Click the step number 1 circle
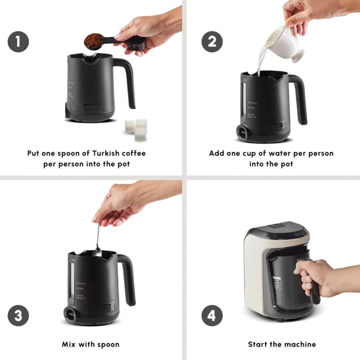tap(18, 42)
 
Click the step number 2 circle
tap(212, 42)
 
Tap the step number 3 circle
tap(18, 315)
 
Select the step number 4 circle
tap(212, 315)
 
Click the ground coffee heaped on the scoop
tap(93, 41)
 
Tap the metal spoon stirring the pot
tap(97, 240)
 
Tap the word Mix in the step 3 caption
tap(69, 344)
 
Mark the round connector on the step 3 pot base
tap(69, 313)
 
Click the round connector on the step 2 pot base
tap(242, 132)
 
